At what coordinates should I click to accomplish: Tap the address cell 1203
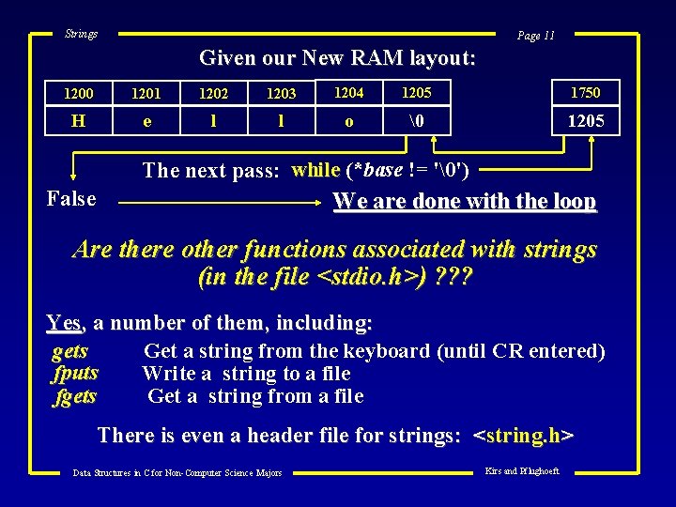(281, 93)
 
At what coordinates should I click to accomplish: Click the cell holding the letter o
(349, 121)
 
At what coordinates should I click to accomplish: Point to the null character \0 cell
(416, 121)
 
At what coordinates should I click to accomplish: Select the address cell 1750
(584, 92)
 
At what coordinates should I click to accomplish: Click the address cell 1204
(349, 92)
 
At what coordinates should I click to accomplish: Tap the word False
(71, 198)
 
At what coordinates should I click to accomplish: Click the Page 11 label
(536, 36)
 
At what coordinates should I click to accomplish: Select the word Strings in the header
(81, 34)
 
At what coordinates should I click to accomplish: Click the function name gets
(70, 351)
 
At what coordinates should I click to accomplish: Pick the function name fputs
(75, 373)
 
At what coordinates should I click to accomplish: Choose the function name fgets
(75, 395)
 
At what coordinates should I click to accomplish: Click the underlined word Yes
(63, 323)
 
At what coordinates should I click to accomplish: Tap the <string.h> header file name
(524, 436)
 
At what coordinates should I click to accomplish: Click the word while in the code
(316, 170)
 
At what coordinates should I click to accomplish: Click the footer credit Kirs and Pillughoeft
(521, 470)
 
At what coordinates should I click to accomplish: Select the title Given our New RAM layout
(337, 58)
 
